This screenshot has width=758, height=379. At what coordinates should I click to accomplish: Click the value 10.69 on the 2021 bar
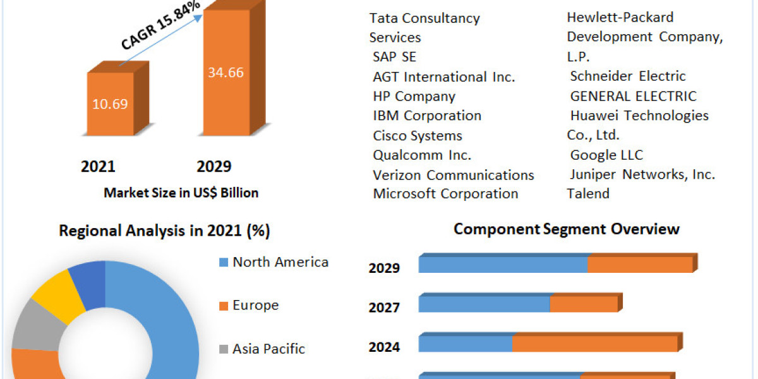point(111,104)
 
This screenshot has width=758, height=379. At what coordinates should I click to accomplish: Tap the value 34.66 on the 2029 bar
point(226,72)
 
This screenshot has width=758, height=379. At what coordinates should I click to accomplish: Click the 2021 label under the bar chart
point(98,167)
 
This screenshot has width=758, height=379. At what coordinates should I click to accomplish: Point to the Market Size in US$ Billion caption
point(181,193)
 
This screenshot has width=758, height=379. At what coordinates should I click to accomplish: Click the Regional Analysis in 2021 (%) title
point(164,231)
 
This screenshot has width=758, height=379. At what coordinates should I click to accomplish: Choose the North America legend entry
point(280,262)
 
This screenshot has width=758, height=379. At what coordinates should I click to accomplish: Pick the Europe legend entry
point(255,306)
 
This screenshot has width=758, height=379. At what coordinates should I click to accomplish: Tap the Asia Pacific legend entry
point(268,349)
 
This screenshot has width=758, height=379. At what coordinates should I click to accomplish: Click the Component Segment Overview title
point(566,229)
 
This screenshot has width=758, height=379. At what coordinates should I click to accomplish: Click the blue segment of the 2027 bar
point(484,304)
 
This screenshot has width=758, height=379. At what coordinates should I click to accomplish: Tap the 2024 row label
point(384,347)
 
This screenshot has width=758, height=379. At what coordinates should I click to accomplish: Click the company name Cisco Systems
point(418,136)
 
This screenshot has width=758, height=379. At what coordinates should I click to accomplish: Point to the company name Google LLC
point(606,155)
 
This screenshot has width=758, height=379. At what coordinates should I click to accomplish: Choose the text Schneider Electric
point(627,76)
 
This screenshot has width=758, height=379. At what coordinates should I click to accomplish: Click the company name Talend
point(588,194)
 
